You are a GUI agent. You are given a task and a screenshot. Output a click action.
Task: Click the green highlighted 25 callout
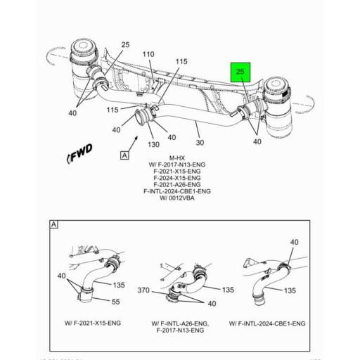coord(240,72)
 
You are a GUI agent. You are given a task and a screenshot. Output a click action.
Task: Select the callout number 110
coord(148,54)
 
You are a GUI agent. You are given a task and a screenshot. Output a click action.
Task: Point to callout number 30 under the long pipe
coord(200,142)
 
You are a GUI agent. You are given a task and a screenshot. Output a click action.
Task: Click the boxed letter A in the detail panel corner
coord(53,224)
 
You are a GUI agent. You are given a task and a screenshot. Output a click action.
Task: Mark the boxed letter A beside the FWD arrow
coord(125,155)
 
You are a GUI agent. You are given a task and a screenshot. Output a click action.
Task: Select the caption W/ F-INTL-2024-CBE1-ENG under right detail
coord(266,323)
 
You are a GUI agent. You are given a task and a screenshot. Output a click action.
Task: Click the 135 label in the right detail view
coord(289,290)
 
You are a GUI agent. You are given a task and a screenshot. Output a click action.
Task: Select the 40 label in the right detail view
coord(293,242)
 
